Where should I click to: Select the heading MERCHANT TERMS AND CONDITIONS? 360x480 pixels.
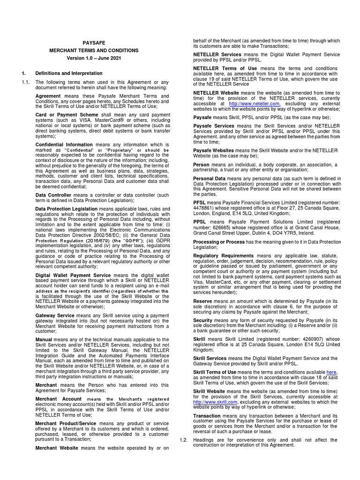click(x=94, y=50)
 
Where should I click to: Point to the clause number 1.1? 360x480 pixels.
click(x=26, y=82)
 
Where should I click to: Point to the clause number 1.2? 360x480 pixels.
click(x=184, y=440)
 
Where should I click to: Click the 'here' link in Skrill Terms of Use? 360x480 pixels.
click(x=331, y=372)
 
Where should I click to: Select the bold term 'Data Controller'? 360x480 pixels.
click(x=54, y=195)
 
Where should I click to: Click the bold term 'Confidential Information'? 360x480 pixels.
click(x=64, y=145)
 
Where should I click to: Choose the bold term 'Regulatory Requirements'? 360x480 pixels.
click(x=224, y=255)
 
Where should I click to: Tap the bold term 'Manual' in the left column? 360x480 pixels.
click(x=44, y=339)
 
